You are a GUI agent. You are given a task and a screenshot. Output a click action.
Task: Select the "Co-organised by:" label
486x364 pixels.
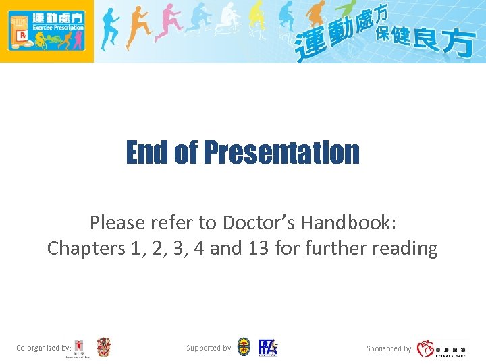pyautogui.click(x=44, y=348)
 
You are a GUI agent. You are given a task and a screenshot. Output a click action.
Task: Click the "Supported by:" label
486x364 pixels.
pyautogui.click(x=209, y=348)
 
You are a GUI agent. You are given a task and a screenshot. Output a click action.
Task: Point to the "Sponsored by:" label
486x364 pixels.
pyautogui.click(x=389, y=348)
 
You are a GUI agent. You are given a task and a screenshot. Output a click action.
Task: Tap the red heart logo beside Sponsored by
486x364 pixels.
pyautogui.click(x=425, y=348)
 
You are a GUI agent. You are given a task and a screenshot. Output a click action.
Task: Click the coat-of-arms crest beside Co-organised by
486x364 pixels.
pyautogui.click(x=103, y=347)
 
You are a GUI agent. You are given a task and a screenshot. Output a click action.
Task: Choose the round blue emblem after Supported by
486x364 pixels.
pyautogui.click(x=244, y=347)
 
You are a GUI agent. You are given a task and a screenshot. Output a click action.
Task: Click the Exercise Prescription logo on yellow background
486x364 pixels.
pyautogui.click(x=47, y=31)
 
